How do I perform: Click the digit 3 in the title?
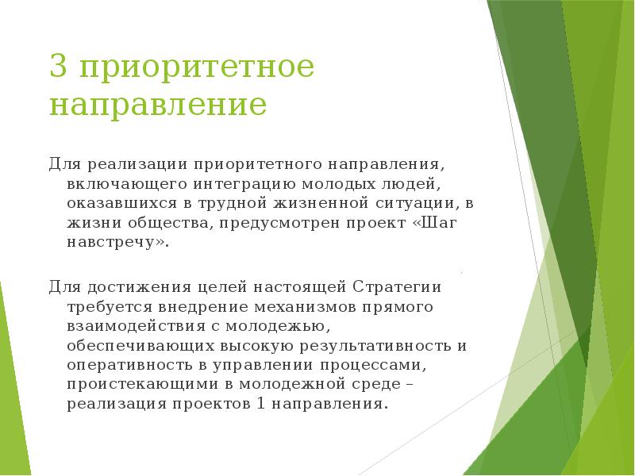(57, 67)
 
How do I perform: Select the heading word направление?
(158, 106)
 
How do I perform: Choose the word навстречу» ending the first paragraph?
(118, 242)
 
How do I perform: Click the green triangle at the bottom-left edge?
(11, 397)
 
